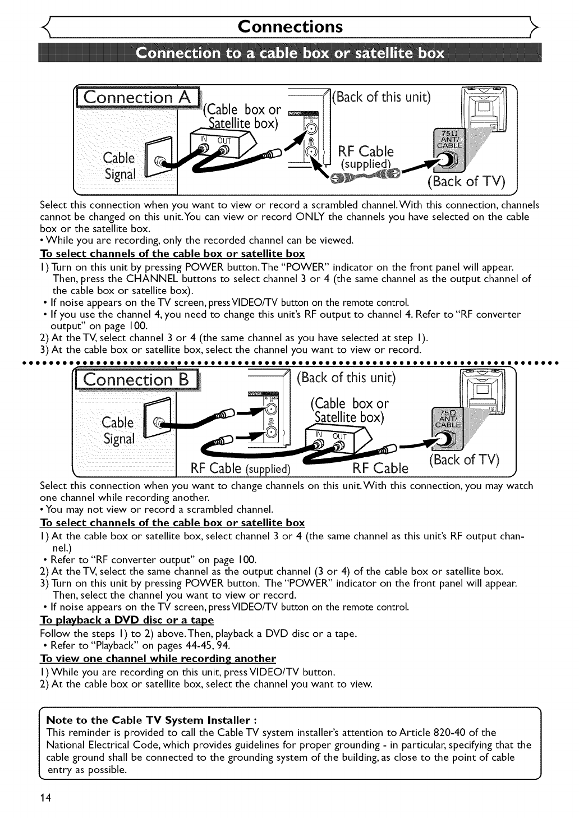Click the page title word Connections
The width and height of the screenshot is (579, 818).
point(289,26)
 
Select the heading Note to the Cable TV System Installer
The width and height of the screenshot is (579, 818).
point(151,720)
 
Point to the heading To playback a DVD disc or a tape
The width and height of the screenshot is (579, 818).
point(127,620)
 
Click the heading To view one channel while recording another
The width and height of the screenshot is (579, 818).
point(158,658)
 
